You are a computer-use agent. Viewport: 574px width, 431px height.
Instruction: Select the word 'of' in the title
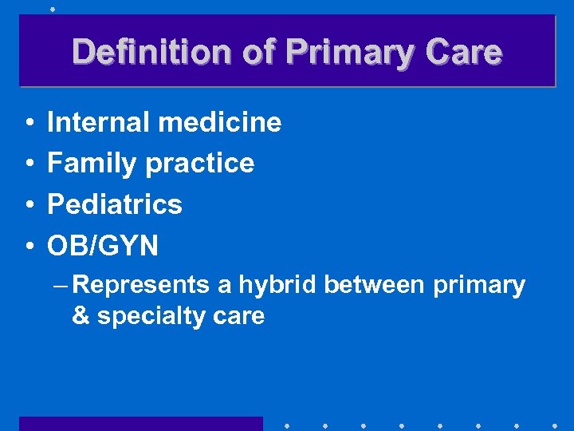point(260,53)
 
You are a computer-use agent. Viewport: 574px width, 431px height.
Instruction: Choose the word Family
point(92,163)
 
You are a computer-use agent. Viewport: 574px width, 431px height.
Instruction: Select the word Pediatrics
point(115,204)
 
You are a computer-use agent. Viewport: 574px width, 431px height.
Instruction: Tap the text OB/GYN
point(103,246)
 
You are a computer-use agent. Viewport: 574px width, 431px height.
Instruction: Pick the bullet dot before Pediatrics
point(28,205)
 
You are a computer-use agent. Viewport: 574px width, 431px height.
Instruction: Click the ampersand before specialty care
point(81,316)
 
